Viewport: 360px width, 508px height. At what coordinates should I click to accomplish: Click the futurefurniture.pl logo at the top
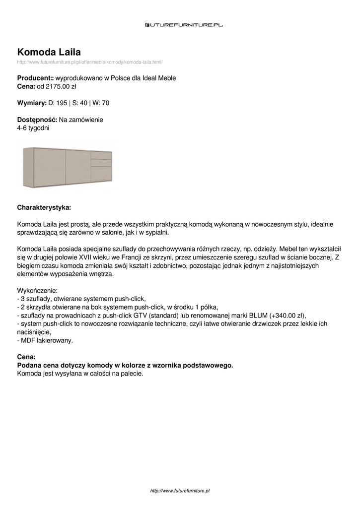pyautogui.click(x=184, y=24)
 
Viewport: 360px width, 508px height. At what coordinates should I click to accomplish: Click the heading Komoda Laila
pyautogui.click(x=49, y=52)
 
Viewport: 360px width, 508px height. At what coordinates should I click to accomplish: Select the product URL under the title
pyautogui.click(x=90, y=62)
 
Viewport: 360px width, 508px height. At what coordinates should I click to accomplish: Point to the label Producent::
pyautogui.click(x=35, y=78)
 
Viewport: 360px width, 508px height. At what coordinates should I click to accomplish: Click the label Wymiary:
pyautogui.click(x=32, y=103)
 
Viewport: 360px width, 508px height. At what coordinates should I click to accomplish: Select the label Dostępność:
pyautogui.click(x=37, y=120)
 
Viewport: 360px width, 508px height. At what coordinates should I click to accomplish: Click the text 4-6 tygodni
pyautogui.click(x=33, y=127)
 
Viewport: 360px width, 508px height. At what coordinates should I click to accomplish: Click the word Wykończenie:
pyautogui.click(x=37, y=290)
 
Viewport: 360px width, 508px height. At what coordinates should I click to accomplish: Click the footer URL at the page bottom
pyautogui.click(x=180, y=490)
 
